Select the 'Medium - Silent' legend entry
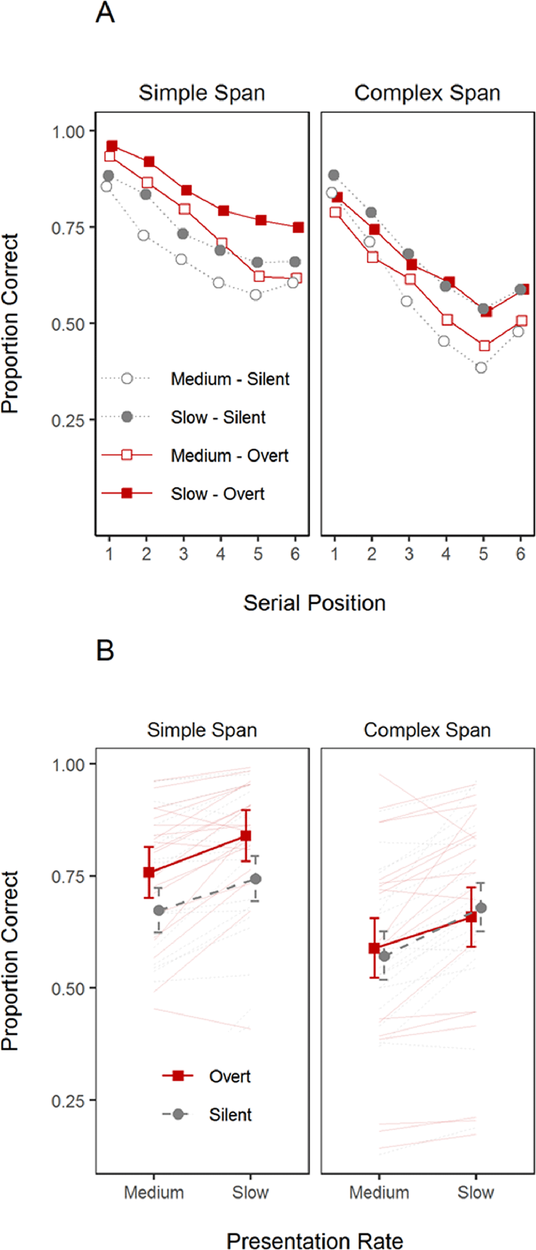click(230, 379)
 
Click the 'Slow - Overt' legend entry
click(218, 494)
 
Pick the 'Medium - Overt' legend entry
click(230, 456)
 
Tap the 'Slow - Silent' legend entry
click(218, 417)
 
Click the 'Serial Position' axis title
click(314, 603)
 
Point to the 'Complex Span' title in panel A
click(427, 93)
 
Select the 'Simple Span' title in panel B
click(202, 730)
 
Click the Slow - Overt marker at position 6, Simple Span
click(298, 227)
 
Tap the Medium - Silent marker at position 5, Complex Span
click(481, 368)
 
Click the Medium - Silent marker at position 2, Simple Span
click(143, 236)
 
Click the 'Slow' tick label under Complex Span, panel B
click(475, 1192)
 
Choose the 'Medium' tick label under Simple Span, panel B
click(154, 1192)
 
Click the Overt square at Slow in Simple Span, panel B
click(246, 836)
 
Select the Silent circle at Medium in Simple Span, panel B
click(159, 911)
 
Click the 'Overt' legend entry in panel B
click(230, 1076)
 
